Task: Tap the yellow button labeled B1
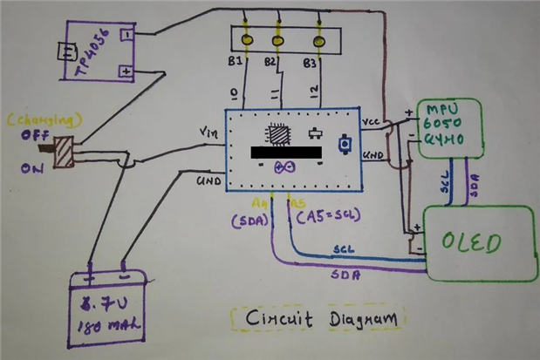pyautogui.click(x=248, y=41)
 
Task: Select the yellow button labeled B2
pyautogui.click(x=278, y=41)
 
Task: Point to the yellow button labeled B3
pyautogui.click(x=310, y=41)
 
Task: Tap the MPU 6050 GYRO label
pyautogui.click(x=452, y=126)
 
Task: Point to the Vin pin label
pyautogui.click(x=208, y=132)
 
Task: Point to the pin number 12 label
pyautogui.click(x=313, y=92)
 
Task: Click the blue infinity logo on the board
pyautogui.click(x=284, y=168)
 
